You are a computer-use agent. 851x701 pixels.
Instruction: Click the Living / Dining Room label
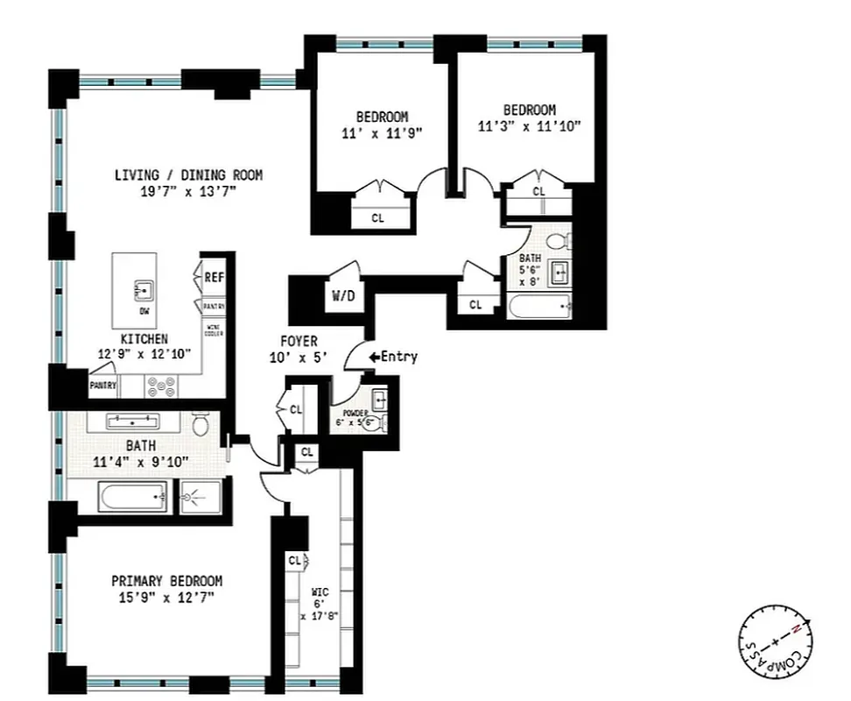[x=188, y=175]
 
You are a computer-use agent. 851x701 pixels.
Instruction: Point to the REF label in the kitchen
[x=214, y=277]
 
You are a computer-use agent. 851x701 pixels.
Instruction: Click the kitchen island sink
[x=143, y=288]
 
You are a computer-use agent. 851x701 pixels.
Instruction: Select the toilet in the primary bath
[x=200, y=426]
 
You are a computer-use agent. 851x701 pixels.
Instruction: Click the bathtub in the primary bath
[x=130, y=499]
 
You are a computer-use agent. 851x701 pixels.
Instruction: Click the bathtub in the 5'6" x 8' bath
[x=539, y=307]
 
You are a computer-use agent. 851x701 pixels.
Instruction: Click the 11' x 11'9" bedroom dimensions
[x=382, y=133]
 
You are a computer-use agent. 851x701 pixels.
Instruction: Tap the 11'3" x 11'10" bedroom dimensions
[x=529, y=126]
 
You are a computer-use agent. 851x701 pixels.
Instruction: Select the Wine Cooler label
[x=214, y=330]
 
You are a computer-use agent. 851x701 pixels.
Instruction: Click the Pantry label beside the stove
[x=102, y=385]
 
